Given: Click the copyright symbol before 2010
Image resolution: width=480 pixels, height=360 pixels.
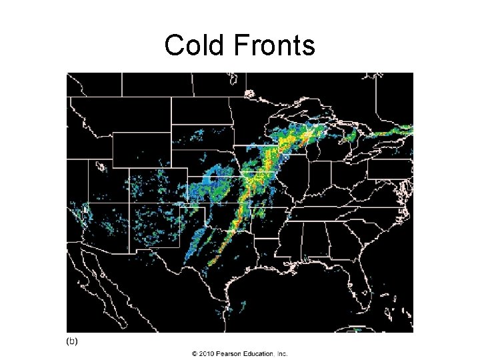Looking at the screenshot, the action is [195, 354].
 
